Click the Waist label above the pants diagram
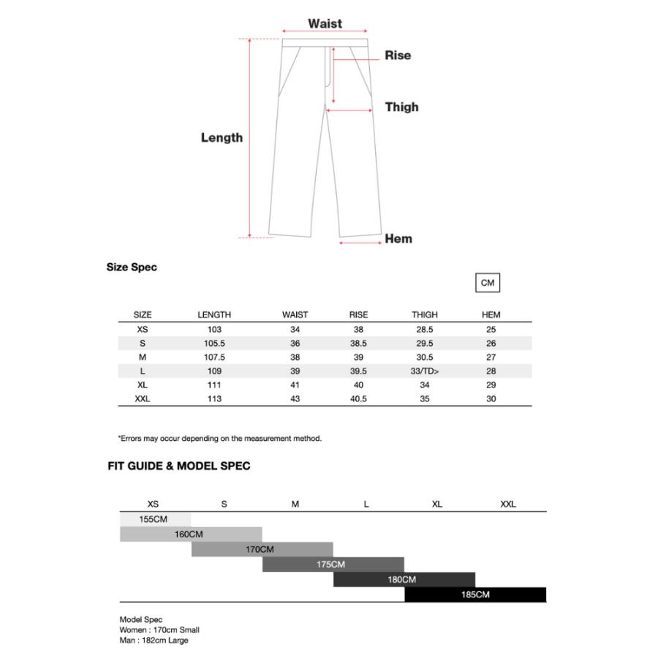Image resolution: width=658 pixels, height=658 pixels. [325, 23]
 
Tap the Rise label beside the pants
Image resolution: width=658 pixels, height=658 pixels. [398, 56]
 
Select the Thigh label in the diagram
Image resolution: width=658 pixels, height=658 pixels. [401, 107]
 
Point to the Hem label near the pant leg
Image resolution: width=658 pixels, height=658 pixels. [398, 238]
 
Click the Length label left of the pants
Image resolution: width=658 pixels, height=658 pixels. [222, 137]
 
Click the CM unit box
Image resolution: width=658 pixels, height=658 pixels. [488, 283]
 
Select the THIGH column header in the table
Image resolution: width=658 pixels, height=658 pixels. [424, 314]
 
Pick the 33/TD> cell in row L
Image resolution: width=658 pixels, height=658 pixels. [425, 371]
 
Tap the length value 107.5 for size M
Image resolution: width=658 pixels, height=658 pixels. [214, 357]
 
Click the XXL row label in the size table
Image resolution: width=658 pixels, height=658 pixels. [143, 398]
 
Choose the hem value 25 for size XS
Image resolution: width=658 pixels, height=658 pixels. [491, 329]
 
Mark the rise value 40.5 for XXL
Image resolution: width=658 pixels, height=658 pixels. [358, 398]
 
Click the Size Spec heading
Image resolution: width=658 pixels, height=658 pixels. [132, 267]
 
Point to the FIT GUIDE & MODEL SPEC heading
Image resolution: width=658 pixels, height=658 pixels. [179, 466]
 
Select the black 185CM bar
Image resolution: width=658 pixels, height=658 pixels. [475, 594]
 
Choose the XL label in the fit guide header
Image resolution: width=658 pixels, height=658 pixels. [437, 504]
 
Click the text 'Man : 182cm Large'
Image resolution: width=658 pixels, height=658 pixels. [154, 640]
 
